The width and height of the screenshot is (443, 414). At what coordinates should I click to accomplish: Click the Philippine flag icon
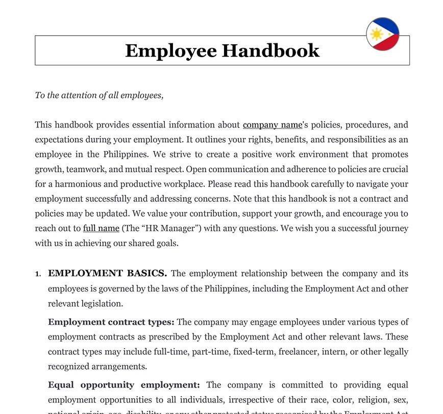383,34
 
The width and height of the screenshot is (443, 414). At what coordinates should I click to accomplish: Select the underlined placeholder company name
273,125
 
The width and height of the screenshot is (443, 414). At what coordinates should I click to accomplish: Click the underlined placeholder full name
101,228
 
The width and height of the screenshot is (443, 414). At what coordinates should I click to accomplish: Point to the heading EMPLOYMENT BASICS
108,273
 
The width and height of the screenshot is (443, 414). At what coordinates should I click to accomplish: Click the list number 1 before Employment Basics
38,274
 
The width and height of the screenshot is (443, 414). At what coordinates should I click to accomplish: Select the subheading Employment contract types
111,322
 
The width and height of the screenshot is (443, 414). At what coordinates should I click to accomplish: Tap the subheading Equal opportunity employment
124,385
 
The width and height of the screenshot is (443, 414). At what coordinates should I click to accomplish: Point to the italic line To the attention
99,95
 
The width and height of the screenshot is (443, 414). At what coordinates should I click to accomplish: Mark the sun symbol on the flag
377,34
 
